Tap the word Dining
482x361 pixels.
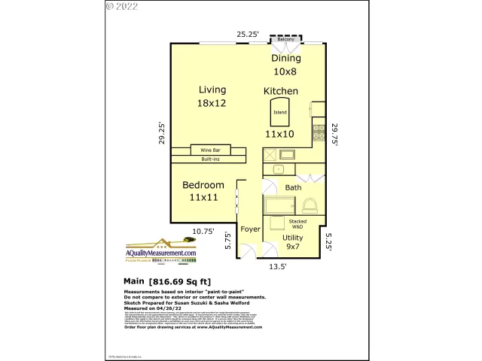[286, 58]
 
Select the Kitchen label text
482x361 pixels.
[281, 91]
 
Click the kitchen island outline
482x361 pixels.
[280, 112]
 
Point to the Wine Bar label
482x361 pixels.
[210, 150]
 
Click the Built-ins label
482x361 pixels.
[210, 159]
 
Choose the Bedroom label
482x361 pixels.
[203, 185]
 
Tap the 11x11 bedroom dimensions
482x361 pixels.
[203, 197]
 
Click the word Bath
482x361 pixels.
[293, 188]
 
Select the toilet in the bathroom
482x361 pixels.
[310, 206]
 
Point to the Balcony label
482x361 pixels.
[286, 38]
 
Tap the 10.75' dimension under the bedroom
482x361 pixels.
[203, 232]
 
